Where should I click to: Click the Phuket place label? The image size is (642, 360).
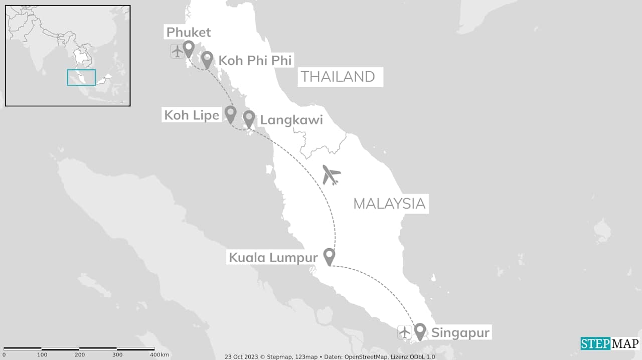pos(189,33)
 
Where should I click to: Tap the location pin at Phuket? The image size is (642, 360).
pos(189,49)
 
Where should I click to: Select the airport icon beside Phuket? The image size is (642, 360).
pos(177,51)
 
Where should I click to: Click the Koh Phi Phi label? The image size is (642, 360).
pos(255,61)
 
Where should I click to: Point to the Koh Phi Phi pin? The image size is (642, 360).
pos(207,59)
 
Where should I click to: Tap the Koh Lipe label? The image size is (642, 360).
pos(192,115)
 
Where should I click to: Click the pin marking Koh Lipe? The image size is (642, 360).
pos(230,113)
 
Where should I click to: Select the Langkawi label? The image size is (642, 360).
pos(291,120)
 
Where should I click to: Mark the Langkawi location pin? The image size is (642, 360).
pos(249,118)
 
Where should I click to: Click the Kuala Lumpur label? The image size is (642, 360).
pos(273,258)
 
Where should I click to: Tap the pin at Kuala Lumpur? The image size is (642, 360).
pos(329,256)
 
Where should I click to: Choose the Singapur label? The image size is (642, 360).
pos(460,332)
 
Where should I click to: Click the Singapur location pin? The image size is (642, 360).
pos(420,331)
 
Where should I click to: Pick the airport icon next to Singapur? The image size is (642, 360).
pos(405,332)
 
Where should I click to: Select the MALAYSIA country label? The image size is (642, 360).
pos(389,204)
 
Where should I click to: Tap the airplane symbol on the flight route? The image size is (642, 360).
pos(331,175)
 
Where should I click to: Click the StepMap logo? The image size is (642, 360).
pos(610,344)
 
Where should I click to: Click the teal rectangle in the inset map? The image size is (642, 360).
pos(81,77)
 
